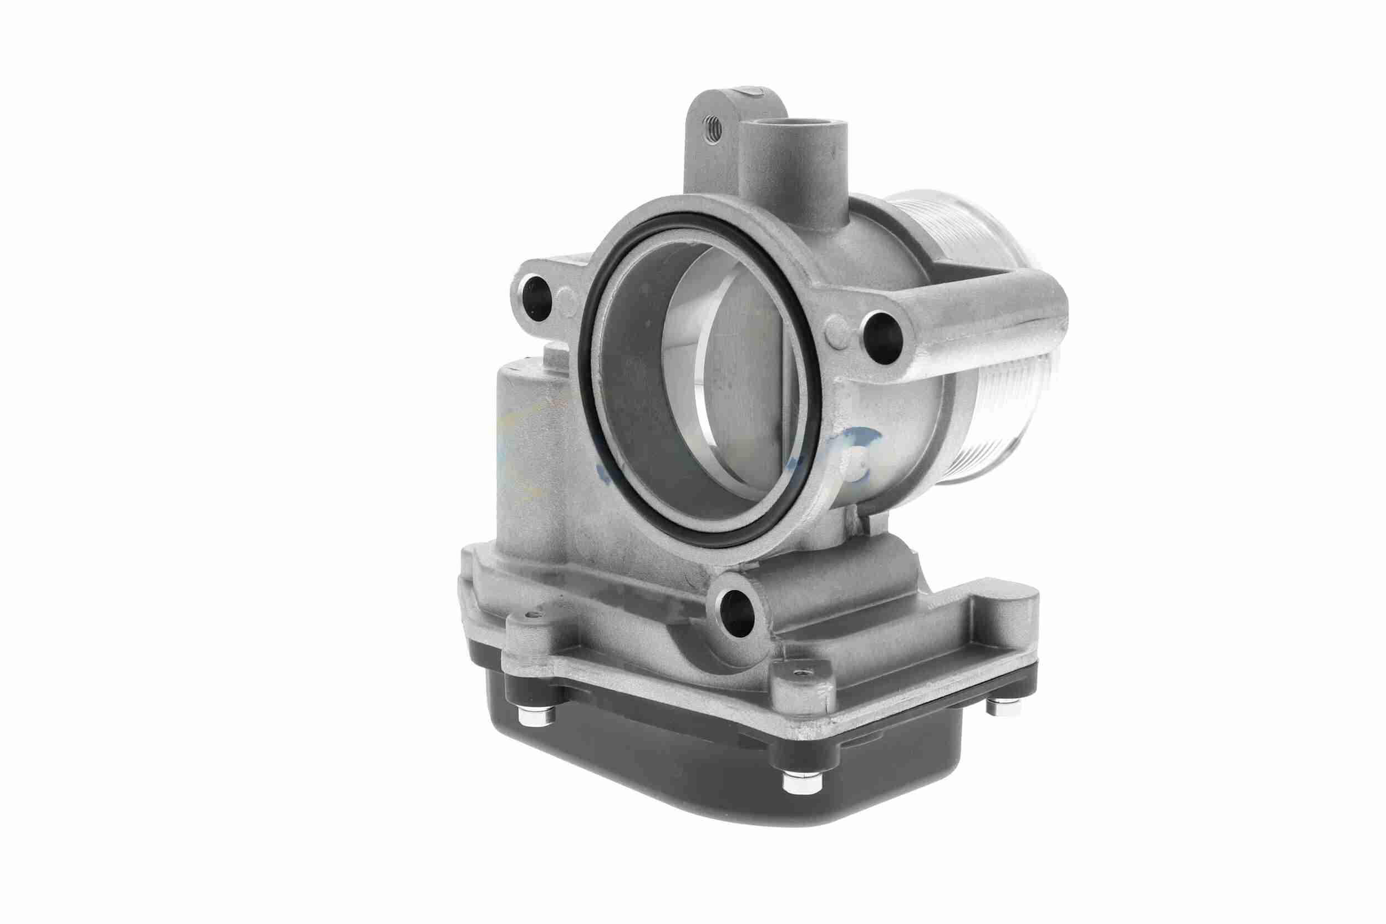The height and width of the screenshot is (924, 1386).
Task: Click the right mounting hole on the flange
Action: (x=883, y=338)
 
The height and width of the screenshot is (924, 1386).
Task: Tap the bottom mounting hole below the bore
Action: (x=738, y=614)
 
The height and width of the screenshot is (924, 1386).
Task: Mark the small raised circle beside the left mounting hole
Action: (x=567, y=299)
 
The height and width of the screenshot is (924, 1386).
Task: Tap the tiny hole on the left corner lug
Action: (x=534, y=615)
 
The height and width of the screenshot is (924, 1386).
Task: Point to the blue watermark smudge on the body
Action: (x=860, y=442)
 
